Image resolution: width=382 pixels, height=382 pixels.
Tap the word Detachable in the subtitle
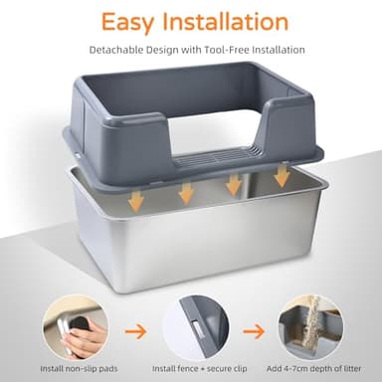119,50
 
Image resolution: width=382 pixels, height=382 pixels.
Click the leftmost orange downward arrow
136,199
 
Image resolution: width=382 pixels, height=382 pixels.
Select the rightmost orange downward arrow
283,176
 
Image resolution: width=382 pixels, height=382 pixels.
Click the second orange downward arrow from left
186,193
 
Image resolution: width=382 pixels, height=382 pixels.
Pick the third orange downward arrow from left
235,184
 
